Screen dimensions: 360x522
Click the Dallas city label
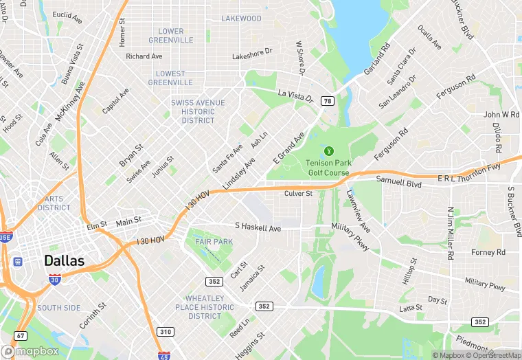(64, 260)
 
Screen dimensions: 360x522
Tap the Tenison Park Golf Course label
(328, 168)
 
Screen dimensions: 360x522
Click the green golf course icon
(329, 150)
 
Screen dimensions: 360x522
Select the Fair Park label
(214, 242)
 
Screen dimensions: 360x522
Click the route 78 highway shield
(328, 101)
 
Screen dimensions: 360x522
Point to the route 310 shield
(165, 332)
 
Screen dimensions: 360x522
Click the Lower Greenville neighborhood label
(171, 36)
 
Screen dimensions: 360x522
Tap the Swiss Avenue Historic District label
(198, 111)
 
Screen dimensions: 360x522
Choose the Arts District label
(54, 203)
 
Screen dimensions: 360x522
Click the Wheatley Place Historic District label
(205, 307)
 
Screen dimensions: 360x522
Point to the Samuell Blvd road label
(398, 181)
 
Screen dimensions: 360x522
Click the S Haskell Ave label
(258, 227)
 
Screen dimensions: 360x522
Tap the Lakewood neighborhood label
(242, 18)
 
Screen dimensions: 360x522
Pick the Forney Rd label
(488, 252)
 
